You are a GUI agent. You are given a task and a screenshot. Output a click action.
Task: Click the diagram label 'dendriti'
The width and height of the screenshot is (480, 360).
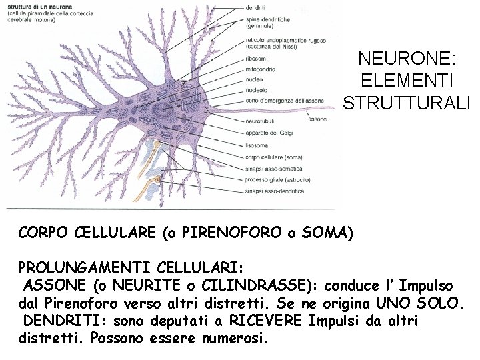[255, 8]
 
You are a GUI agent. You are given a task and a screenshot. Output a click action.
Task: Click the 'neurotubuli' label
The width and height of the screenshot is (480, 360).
[260, 122]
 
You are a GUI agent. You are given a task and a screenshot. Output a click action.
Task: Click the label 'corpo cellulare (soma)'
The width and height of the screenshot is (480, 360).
[274, 158]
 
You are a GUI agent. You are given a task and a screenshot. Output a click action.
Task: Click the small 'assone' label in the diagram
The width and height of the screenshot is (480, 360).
[317, 119]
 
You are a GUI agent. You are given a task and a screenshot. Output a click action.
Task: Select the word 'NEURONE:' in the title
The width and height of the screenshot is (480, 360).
[407, 59]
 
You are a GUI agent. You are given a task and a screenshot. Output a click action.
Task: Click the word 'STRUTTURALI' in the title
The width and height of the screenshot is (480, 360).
[407, 103]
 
